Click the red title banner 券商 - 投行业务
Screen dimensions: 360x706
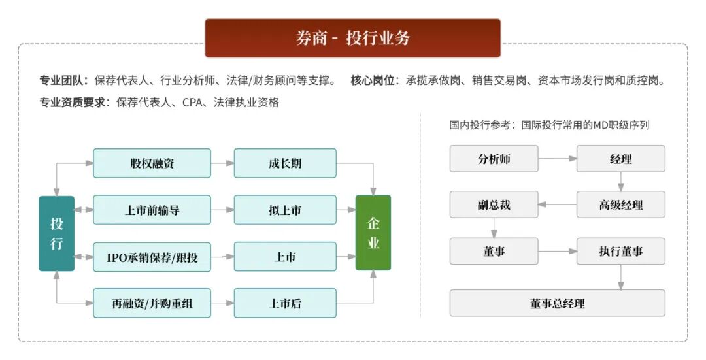353,38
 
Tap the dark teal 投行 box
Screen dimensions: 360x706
57,233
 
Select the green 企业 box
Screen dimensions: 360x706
373,233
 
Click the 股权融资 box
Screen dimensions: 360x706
152,163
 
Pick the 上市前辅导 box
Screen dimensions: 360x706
152,210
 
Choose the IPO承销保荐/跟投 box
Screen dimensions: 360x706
152,257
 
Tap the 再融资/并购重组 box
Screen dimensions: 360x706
152,303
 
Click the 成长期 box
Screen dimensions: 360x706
285,163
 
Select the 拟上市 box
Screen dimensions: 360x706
285,210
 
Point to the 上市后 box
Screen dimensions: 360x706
285,303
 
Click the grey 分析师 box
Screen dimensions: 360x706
494,159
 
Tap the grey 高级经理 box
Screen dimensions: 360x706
620,205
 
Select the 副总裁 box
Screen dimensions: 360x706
494,205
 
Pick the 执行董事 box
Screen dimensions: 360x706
620,251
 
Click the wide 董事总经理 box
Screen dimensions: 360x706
557,303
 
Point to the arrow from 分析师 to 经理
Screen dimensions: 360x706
557,159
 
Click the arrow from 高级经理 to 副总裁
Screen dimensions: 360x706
557,205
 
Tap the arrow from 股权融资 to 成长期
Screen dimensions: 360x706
222,163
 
